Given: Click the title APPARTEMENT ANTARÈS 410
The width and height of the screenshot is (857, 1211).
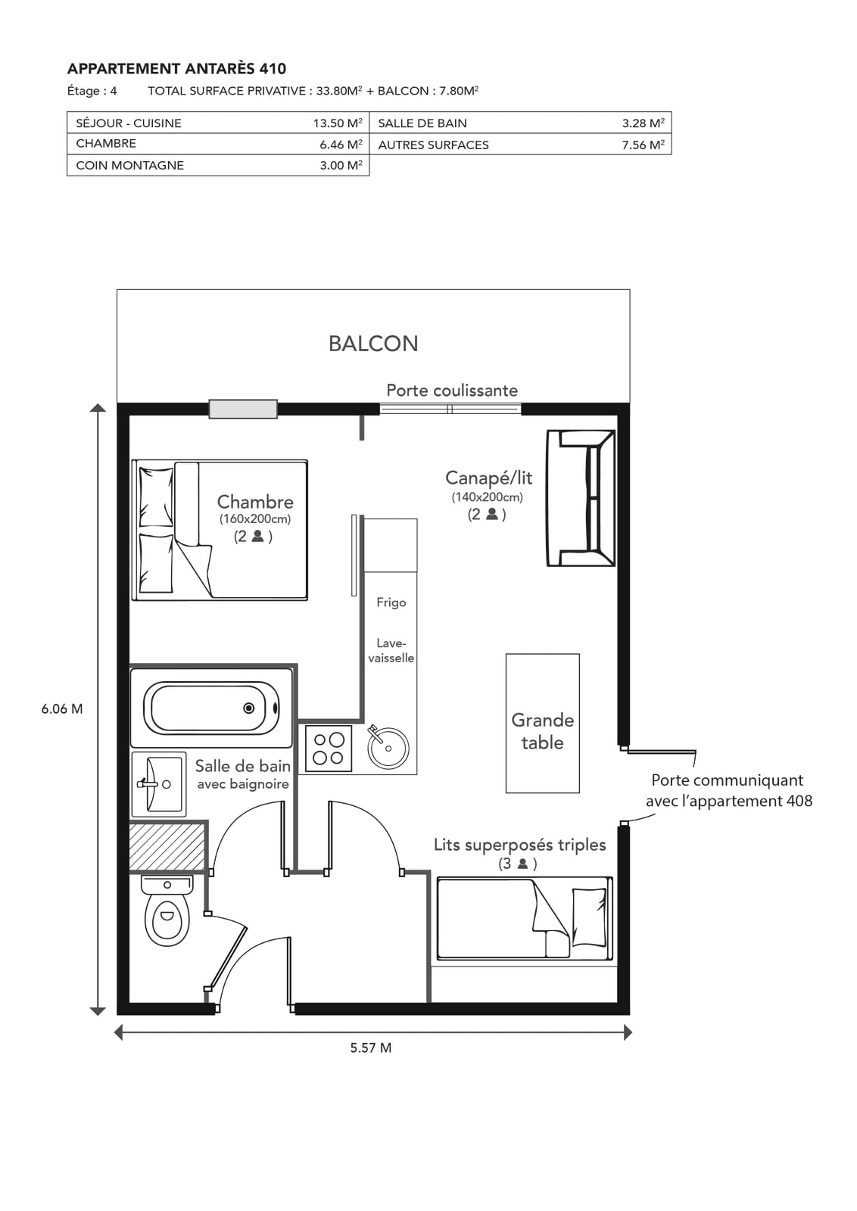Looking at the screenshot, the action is click(176, 69).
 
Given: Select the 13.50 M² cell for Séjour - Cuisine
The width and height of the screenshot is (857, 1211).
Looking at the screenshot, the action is click(338, 123).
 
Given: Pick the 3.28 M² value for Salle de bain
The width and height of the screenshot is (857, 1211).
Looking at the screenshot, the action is click(643, 123).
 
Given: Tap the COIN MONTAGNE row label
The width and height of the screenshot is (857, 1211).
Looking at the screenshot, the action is click(129, 166).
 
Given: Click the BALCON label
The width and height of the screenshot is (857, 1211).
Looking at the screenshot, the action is click(373, 344).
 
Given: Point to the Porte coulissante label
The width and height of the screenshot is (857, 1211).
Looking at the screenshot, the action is click(452, 391).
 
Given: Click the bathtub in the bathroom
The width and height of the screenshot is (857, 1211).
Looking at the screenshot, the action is click(211, 708).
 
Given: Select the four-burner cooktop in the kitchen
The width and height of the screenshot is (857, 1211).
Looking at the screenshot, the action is click(329, 749).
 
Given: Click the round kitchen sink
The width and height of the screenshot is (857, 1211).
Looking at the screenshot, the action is click(388, 749).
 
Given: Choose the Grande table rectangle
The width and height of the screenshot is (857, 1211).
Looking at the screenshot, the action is click(542, 724).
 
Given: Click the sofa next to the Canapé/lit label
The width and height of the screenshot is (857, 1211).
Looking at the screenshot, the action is click(581, 498).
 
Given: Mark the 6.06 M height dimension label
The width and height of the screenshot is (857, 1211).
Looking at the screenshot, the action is click(62, 708).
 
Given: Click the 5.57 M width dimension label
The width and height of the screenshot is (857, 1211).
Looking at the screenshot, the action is click(371, 1048).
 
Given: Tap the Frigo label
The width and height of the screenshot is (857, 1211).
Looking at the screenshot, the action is click(391, 602).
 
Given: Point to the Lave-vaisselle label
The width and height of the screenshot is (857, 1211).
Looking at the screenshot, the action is click(391, 650).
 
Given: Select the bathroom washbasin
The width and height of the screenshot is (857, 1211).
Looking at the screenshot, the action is click(158, 784).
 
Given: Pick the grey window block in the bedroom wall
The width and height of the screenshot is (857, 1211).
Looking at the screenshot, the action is click(243, 409).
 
